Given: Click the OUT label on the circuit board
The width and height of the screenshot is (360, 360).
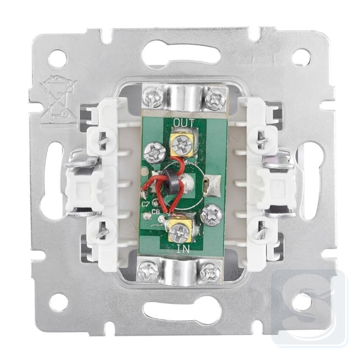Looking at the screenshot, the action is pyautogui.click(x=184, y=123).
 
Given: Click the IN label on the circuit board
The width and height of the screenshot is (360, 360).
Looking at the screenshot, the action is pyautogui.click(x=183, y=249).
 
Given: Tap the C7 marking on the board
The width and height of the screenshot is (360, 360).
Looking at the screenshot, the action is pyautogui.click(x=146, y=204).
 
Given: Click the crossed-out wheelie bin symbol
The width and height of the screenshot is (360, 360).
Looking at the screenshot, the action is pyautogui.click(x=58, y=101).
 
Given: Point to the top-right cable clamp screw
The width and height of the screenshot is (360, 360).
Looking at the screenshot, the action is pyautogui.click(x=214, y=99).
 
